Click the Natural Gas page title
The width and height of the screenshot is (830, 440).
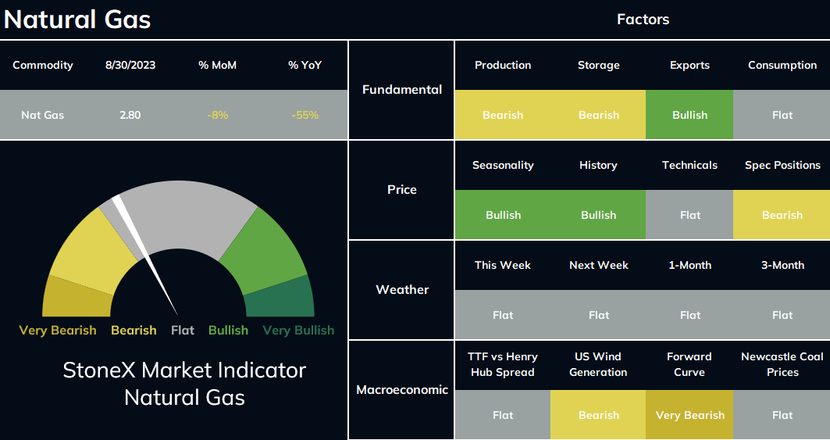[x=77, y=20]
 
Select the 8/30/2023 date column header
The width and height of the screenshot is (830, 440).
[x=130, y=65]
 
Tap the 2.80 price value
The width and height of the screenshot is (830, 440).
[x=130, y=115]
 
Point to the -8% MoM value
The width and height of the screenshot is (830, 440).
[x=218, y=115]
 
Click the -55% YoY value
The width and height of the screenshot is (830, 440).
[x=305, y=115]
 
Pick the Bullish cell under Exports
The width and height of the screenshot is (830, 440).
[x=689, y=115]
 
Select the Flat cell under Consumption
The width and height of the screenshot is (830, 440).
[x=782, y=115]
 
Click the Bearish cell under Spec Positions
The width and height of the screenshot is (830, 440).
[x=782, y=215]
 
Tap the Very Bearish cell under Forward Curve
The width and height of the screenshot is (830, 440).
[x=689, y=415]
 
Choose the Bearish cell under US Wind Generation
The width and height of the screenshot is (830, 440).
[x=598, y=415]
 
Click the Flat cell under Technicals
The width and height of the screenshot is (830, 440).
[x=689, y=215]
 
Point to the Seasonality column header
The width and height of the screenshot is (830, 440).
[x=503, y=166]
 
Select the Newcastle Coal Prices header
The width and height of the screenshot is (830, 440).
[x=782, y=364]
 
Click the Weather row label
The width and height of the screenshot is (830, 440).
[x=402, y=289]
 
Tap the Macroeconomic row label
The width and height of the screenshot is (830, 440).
[x=402, y=390]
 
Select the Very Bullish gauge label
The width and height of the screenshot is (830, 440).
[x=298, y=331]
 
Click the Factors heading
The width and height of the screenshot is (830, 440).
[x=643, y=20]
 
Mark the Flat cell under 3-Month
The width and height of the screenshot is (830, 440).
[x=782, y=315]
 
